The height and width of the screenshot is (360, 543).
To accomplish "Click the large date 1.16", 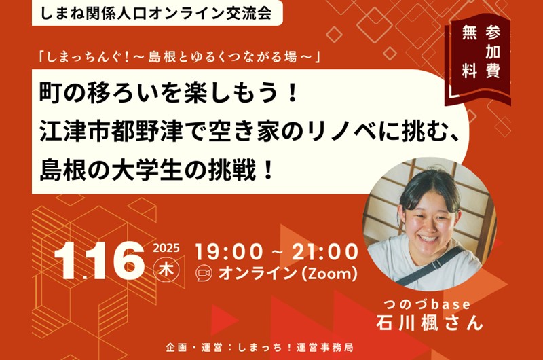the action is pos(99,260).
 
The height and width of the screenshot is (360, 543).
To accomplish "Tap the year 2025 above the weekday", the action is pos(166,249).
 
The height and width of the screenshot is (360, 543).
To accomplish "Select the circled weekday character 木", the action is pos(166,269).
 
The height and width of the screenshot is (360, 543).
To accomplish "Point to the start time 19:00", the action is pos(229,251).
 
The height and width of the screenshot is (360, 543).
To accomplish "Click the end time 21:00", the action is pos(325,251).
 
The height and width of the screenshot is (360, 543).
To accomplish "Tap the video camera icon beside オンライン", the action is pos(204,273).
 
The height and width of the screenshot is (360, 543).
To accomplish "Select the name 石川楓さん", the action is pos(429,323).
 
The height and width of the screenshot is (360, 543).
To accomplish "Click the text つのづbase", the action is pos(427,304).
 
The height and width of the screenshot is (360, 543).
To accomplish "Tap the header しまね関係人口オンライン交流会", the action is pos(156,12).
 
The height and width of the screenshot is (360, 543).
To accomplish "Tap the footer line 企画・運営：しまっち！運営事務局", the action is pos(259,348).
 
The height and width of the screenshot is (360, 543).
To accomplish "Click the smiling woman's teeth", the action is pos(428,238).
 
